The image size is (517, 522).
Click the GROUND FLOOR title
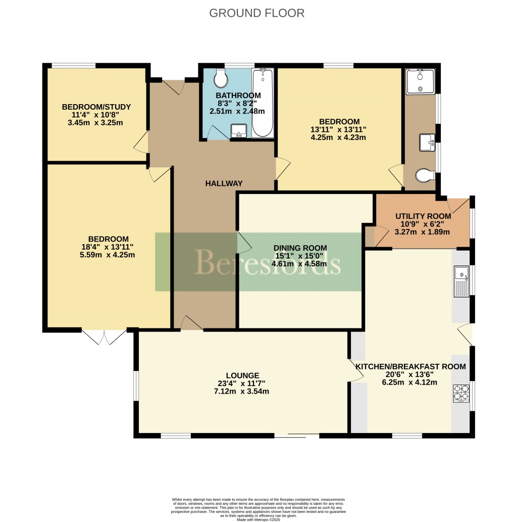point(257,13)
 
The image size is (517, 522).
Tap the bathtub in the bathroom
point(263,104)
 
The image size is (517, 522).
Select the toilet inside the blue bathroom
point(221,78)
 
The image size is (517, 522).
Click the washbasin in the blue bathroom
point(238,131)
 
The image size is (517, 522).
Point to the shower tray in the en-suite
point(420,81)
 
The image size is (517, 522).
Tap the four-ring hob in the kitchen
point(461,394)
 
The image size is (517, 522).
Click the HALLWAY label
point(224,183)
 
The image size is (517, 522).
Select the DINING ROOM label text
point(300,248)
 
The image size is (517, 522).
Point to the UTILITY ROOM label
point(423,216)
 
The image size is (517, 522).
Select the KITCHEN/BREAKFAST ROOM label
point(410,366)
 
